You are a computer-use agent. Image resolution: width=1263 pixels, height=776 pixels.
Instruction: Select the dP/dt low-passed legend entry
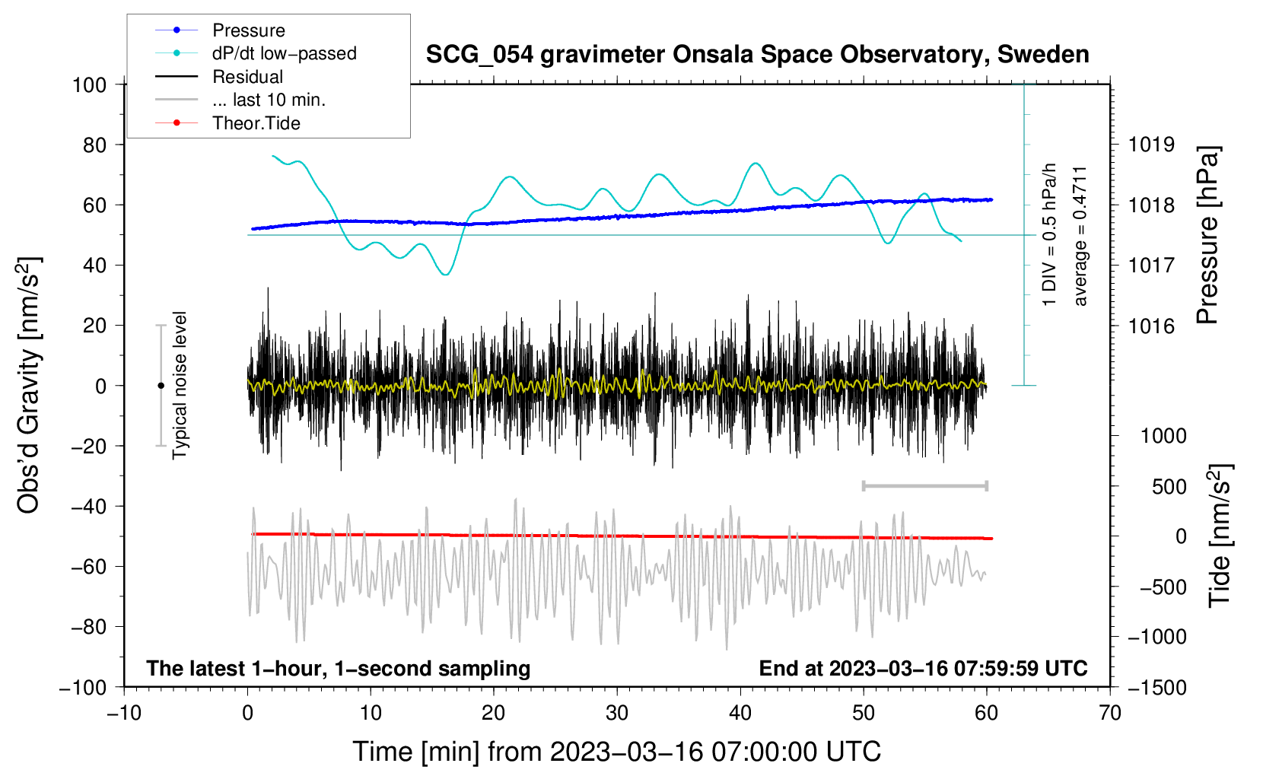[x=284, y=53]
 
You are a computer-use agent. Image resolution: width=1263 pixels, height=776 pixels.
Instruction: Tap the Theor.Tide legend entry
[x=256, y=123]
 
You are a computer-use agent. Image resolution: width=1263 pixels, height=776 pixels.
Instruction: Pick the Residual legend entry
[x=247, y=77]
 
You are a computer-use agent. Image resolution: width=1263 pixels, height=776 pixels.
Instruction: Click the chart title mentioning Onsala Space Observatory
[x=757, y=54]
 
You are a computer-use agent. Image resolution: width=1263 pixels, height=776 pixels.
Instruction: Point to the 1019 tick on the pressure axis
[x=1151, y=145]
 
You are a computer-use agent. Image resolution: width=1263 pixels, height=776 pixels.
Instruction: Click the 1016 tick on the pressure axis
[x=1151, y=326]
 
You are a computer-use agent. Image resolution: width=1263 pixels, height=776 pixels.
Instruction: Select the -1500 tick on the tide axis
[x=1156, y=687]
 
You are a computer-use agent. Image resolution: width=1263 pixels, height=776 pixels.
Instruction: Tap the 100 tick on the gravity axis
[x=89, y=84]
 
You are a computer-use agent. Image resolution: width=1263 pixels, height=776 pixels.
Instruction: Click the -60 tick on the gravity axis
[x=89, y=567]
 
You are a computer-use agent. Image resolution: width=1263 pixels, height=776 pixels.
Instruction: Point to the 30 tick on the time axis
[x=617, y=713]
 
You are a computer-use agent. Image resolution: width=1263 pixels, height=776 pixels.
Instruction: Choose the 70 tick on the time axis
[x=1110, y=713]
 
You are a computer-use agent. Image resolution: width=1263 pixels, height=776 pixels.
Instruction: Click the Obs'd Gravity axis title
[x=29, y=386]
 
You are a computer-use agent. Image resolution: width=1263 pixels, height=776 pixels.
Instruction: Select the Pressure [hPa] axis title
[x=1207, y=236]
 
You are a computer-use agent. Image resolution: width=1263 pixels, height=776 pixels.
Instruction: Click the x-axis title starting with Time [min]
[x=617, y=752]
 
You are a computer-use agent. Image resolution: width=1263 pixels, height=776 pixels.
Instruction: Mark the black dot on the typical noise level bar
[x=161, y=386]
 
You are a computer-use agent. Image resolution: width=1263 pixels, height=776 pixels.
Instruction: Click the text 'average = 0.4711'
[x=1080, y=236]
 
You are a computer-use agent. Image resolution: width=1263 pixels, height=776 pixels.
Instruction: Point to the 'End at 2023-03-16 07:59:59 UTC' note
[x=923, y=668]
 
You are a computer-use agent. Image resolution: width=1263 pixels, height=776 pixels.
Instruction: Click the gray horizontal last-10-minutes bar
[x=924, y=485]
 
